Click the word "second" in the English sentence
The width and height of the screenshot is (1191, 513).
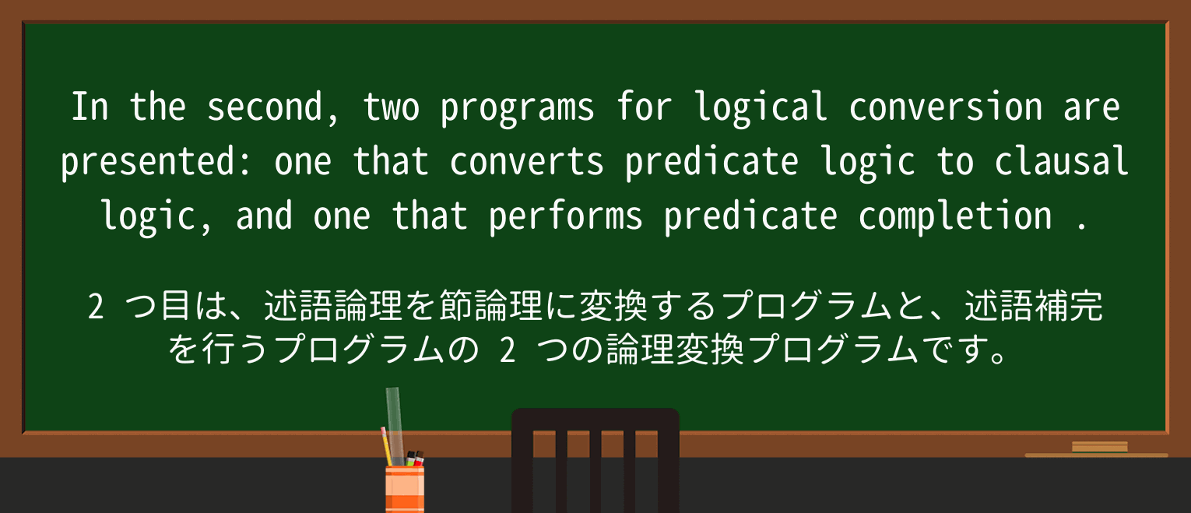pos(265,107)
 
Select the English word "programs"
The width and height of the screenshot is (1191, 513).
pos(517,107)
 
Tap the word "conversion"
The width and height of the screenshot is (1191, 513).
pos(945,107)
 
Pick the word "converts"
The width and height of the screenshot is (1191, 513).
pos(526,162)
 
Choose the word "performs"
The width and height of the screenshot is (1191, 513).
pos(566,216)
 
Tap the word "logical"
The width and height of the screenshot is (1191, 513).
pos(761,107)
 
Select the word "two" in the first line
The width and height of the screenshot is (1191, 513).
pos(391,107)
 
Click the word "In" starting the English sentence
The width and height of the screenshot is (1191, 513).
pos(90,107)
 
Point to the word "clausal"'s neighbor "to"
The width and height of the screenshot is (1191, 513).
pos(955,162)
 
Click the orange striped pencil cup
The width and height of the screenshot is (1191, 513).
pos(405,488)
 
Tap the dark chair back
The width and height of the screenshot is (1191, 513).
pos(595,459)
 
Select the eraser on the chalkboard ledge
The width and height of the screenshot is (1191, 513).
pos(1099,447)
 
